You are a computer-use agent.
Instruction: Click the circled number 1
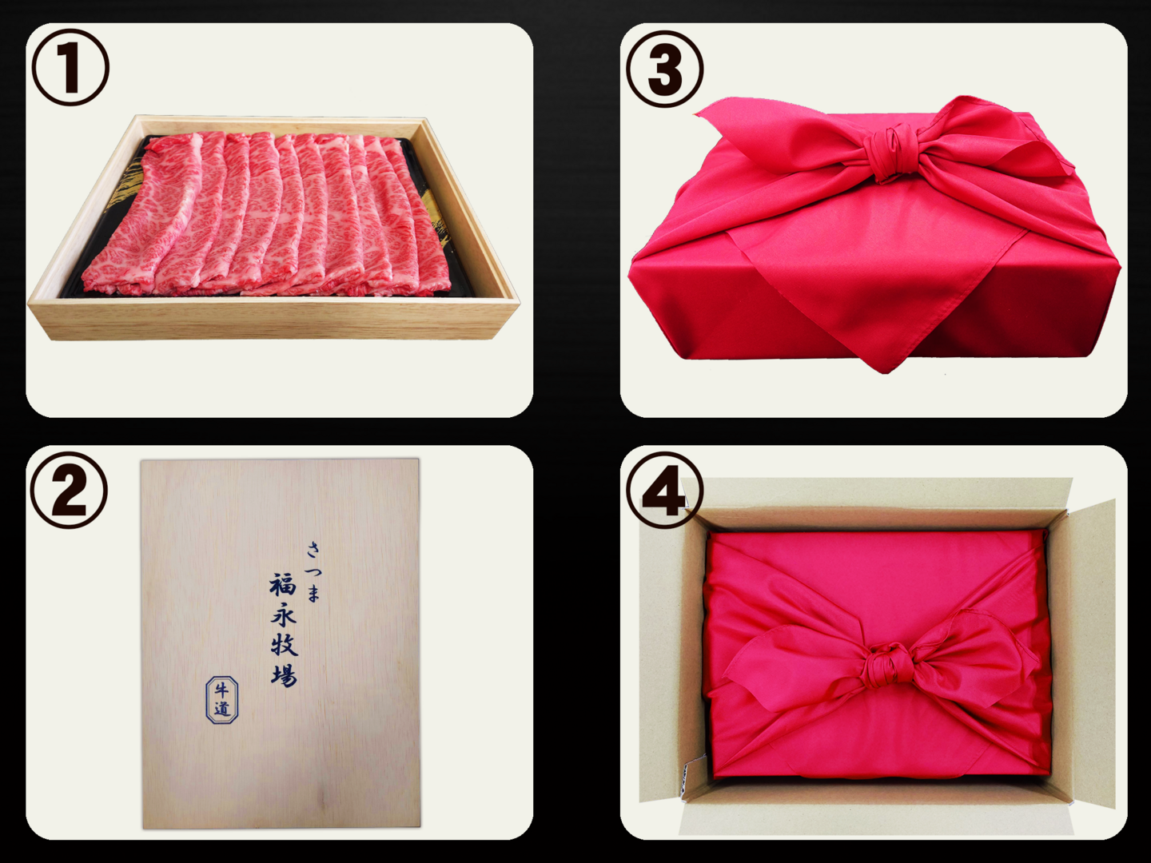70,68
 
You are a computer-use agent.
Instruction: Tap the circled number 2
69,489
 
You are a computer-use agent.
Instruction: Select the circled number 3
665,69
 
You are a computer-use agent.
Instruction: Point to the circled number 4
664,491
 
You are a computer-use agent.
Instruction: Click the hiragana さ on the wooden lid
313,551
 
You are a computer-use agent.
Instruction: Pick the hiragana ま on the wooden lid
313,594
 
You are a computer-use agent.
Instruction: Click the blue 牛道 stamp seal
222,700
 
